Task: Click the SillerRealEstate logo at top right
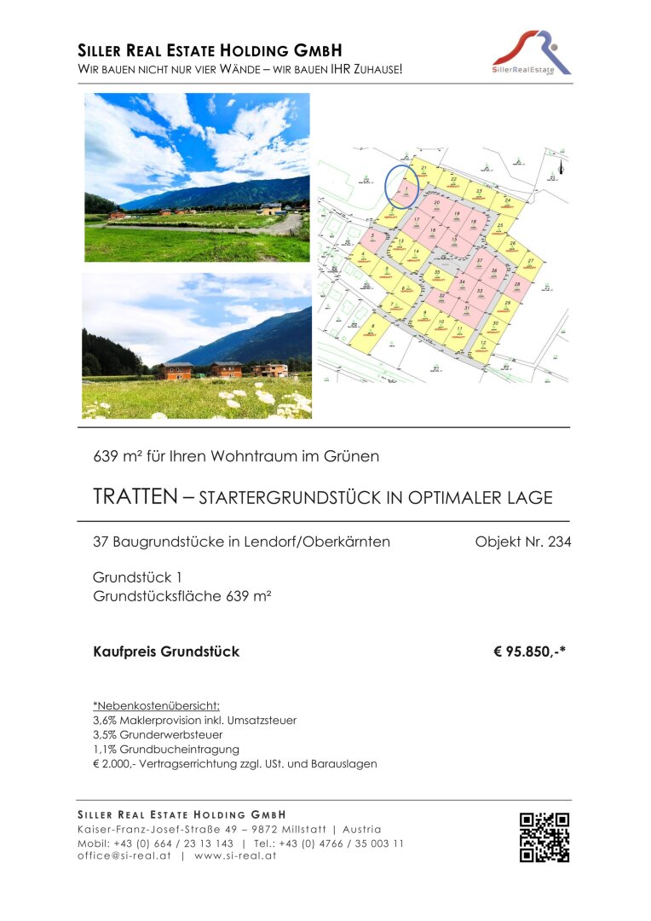coord(532,53)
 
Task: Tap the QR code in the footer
coord(544,837)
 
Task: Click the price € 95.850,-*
coord(529,652)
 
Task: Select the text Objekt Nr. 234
coord(522,542)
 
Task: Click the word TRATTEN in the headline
coord(134,497)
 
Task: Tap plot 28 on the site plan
coord(517,287)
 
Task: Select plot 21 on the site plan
coord(423,170)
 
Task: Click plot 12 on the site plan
coord(483,345)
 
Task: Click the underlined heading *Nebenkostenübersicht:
coord(156,706)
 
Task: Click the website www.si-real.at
coord(235,856)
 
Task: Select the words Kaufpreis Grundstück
coord(166,652)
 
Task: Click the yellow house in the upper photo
coord(270,208)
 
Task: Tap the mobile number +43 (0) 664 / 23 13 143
coord(174,843)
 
